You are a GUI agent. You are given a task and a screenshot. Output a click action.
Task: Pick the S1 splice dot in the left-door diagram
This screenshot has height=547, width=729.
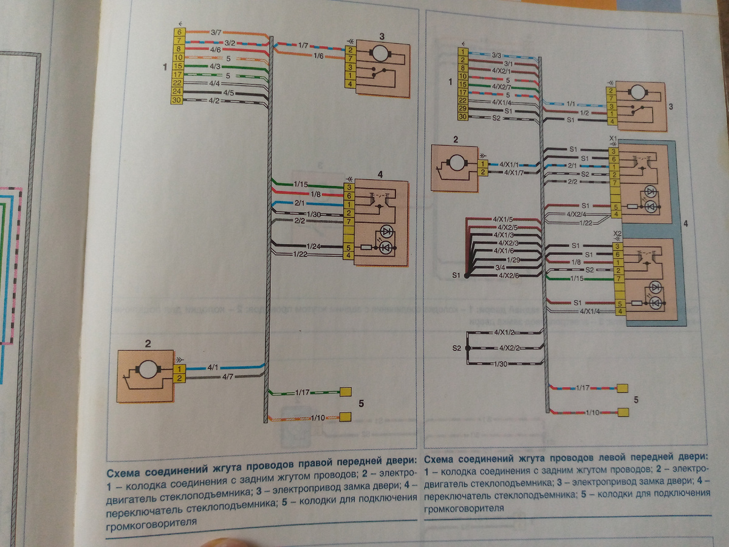click(467, 276)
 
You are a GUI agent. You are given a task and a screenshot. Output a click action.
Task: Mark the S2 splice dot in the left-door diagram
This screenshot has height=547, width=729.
click(467, 348)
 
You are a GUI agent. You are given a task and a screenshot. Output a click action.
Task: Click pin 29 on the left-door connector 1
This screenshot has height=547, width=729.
click(464, 108)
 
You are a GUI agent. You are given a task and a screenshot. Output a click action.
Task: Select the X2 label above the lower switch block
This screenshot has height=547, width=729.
click(616, 233)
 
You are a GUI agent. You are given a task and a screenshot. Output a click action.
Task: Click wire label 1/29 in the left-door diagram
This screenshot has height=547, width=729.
click(501, 260)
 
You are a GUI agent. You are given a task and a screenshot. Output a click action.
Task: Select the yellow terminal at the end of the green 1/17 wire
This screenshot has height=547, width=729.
click(346, 392)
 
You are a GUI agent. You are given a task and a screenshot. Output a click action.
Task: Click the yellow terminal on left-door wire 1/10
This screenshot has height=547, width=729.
click(623, 413)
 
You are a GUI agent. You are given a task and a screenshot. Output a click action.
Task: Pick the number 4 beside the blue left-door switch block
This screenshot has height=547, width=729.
click(686, 224)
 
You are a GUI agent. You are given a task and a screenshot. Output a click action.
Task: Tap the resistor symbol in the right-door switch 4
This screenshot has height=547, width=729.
click(366, 247)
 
